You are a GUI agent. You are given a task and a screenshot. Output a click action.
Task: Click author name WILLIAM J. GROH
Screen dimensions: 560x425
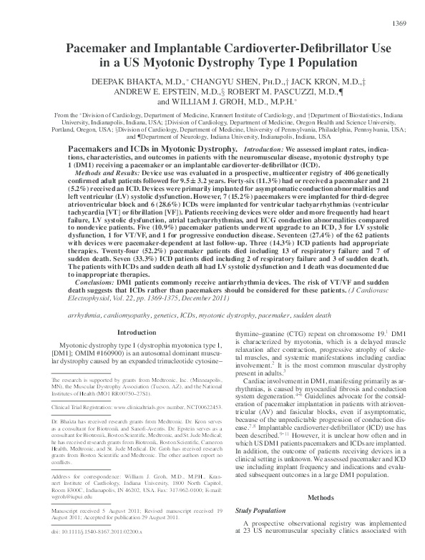pos(200,102)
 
